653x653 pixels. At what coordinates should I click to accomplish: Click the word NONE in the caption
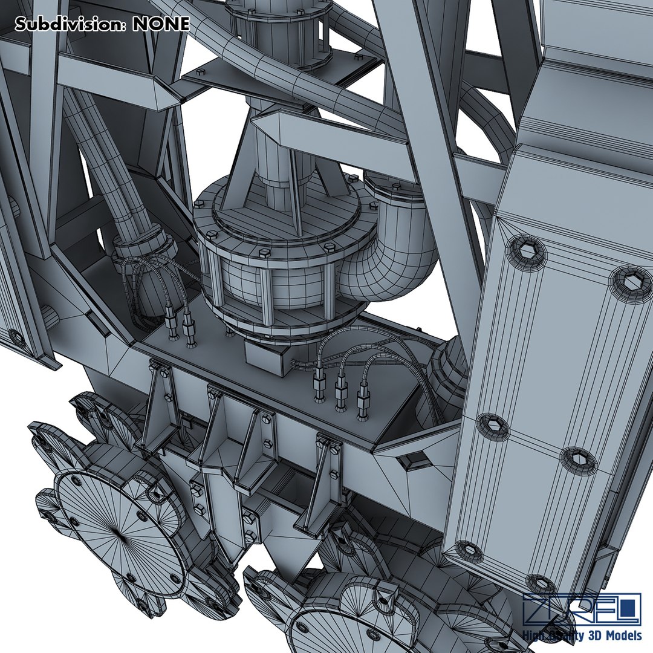pyautogui.click(x=161, y=24)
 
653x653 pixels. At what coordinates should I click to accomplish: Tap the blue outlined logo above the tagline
pyautogui.click(x=581, y=609)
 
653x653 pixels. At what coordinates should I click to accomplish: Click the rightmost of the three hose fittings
pyautogui.click(x=363, y=402)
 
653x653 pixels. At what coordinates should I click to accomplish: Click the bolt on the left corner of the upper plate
pyautogui.click(x=192, y=73)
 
